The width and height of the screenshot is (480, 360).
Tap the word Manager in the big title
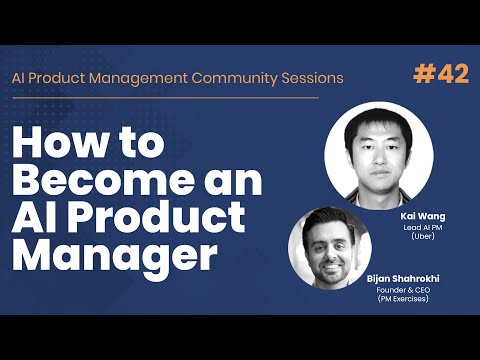(116, 256)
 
